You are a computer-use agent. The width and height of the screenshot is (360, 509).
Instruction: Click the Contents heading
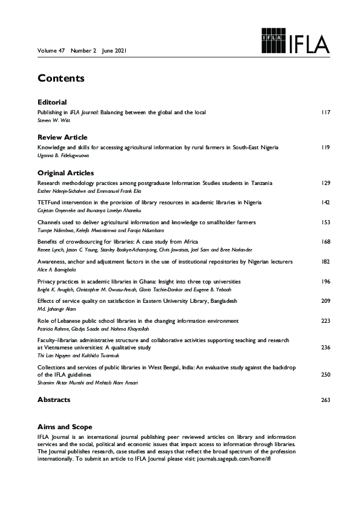click(x=61, y=79)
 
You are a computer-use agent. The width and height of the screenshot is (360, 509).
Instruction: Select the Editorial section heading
click(x=51, y=102)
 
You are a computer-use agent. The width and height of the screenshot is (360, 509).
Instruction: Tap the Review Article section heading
click(x=62, y=137)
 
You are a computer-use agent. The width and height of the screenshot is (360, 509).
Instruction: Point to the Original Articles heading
click(x=65, y=173)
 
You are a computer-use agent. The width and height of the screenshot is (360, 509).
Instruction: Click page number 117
click(x=326, y=113)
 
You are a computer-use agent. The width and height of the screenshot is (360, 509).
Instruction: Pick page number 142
click(x=326, y=203)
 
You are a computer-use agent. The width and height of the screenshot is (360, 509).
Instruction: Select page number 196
click(x=326, y=282)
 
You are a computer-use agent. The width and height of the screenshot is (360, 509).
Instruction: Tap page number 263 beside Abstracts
click(x=326, y=400)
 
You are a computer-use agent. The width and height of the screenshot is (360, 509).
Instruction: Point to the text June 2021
click(x=114, y=51)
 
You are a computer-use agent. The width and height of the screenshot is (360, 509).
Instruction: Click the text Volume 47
click(x=51, y=51)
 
